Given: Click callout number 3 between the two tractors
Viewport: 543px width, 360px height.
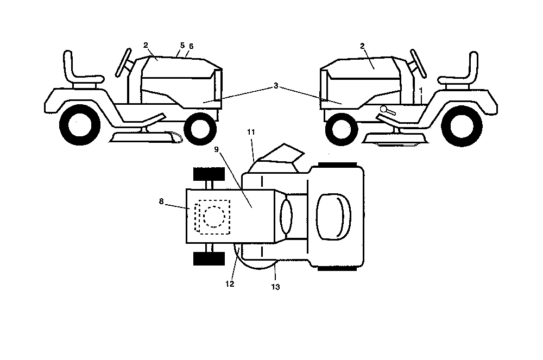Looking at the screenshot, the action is (276, 85).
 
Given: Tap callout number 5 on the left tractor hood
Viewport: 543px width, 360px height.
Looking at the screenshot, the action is (182, 46).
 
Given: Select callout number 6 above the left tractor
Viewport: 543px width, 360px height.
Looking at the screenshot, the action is (191, 46).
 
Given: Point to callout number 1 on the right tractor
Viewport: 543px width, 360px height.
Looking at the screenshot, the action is (421, 90).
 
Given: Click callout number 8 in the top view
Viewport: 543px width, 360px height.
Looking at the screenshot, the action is (161, 201).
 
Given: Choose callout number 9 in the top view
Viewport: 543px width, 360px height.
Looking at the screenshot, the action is (217, 149).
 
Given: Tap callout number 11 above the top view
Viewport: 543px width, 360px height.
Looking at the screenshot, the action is (251, 132).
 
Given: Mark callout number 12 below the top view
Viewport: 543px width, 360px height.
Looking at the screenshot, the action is (230, 284).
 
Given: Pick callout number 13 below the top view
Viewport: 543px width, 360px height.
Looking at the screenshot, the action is (275, 287).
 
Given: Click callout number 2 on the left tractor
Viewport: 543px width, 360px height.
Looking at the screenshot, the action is (146, 45).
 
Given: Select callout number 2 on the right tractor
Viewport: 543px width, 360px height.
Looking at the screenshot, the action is (362, 46).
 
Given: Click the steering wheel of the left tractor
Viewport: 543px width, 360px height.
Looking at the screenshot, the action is (123, 62).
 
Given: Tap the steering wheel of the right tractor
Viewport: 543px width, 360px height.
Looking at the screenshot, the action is (419, 64).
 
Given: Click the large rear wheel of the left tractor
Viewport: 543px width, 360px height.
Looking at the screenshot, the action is (79, 125).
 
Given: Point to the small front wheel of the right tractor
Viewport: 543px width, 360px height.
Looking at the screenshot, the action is (342, 129).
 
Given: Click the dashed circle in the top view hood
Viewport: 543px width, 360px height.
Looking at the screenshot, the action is (214, 217).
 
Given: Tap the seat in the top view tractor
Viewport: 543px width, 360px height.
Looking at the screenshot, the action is (333, 217).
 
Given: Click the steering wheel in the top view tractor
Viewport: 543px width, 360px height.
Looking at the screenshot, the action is (286, 217).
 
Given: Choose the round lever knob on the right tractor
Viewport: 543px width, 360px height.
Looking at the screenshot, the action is (384, 109).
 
